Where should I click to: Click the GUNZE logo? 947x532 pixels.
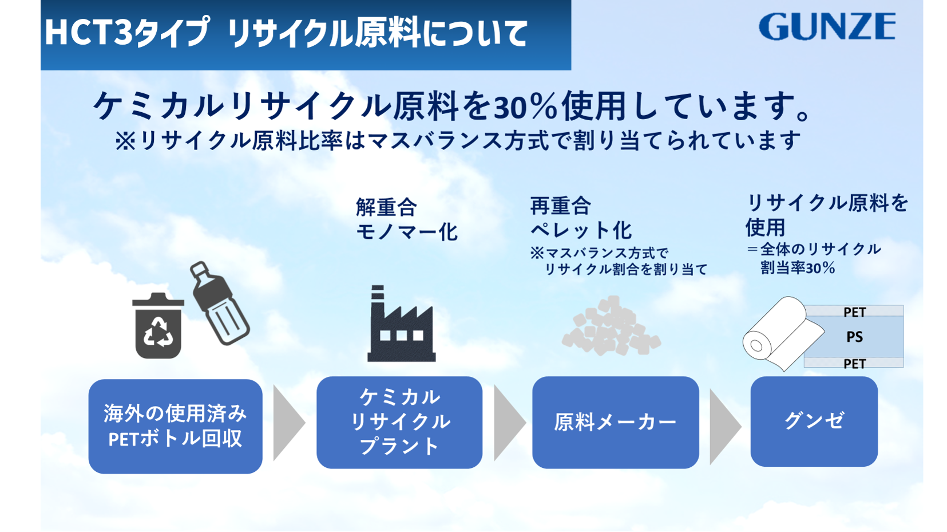click(827, 26)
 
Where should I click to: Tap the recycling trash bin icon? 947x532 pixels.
click(158, 325)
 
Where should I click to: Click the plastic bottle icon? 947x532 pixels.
click(219, 303)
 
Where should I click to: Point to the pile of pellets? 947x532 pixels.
click(611, 326)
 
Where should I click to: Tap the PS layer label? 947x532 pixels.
click(854, 337)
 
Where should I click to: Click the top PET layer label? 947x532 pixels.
click(854, 312)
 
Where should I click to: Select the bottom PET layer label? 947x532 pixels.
click(854, 364)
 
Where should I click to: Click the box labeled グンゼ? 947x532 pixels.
click(814, 421)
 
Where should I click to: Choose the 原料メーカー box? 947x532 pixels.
click(615, 423)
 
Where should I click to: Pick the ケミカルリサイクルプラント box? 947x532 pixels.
click(399, 423)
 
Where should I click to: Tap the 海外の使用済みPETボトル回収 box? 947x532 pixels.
click(176, 426)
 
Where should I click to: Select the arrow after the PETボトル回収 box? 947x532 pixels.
click(288, 423)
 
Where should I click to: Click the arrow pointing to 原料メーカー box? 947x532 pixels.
click(509, 423)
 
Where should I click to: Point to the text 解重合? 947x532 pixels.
click(386, 207)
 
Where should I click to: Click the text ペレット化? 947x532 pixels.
click(581, 231)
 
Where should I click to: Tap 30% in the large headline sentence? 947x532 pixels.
click(525, 107)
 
